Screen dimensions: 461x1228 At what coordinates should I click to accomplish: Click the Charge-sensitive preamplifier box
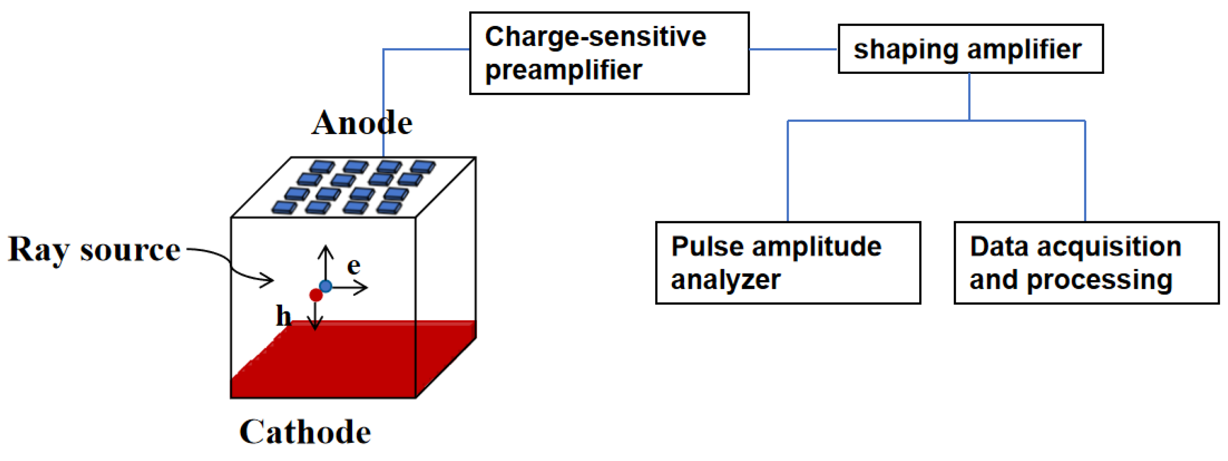(609, 53)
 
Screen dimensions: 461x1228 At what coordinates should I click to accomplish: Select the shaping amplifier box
(970, 49)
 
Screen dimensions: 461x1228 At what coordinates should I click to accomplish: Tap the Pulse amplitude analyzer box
(787, 262)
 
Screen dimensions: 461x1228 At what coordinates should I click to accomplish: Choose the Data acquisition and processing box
(1086, 262)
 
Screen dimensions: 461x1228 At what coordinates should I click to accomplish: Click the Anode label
(362, 123)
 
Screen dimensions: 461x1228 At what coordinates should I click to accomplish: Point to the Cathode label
(305, 432)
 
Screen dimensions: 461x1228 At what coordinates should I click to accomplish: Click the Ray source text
(94, 250)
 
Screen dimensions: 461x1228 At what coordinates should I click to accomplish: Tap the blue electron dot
(326, 286)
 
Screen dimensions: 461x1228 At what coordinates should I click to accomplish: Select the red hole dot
(316, 295)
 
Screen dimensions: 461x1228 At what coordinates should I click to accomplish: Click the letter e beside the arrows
(353, 265)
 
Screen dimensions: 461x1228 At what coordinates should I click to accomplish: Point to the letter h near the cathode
(283, 316)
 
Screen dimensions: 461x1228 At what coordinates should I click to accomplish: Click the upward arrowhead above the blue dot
(326, 249)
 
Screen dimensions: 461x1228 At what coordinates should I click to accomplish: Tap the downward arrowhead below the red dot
(315, 326)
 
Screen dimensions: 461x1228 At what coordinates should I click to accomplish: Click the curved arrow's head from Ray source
(269, 280)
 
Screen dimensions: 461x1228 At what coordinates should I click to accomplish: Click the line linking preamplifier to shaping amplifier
(793, 49)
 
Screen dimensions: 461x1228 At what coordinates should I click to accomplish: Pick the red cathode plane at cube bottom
(334, 363)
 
